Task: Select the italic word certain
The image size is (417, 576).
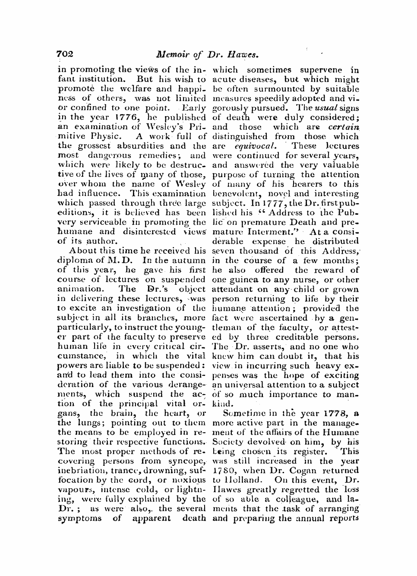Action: tap(344, 127)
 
